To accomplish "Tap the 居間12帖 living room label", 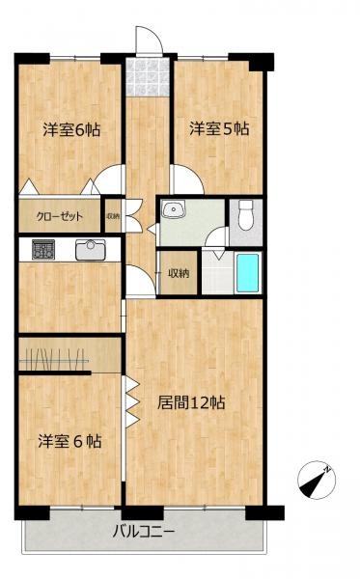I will [191, 403].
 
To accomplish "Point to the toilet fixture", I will [245, 214].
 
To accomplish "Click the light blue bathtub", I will [248, 274].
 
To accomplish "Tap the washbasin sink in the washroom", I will [176, 209].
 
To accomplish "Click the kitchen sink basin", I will [91, 249].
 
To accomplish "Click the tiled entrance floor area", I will [149, 78].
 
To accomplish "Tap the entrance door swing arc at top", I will [147, 41].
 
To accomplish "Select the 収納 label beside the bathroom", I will [179, 273].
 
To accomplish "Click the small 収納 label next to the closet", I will [113, 216].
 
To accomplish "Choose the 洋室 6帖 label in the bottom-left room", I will [69, 441].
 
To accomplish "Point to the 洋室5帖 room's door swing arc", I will [185, 180].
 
